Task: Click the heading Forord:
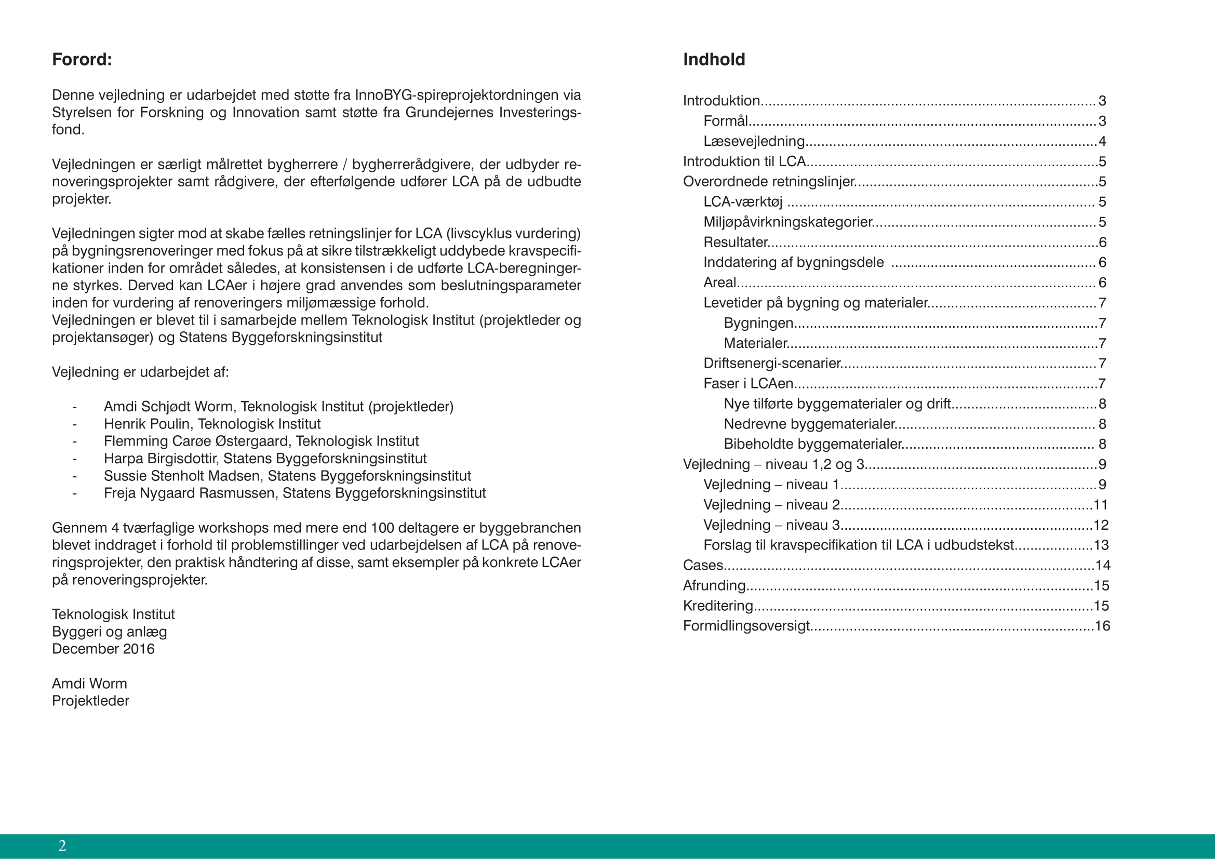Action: (82, 59)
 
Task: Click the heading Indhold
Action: (714, 59)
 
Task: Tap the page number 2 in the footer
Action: (62, 846)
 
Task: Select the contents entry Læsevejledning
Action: (754, 141)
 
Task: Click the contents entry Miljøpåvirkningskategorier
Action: (787, 222)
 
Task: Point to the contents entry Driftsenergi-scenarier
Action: (771, 364)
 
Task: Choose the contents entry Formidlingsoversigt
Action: (746, 626)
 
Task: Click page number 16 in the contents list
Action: (1102, 626)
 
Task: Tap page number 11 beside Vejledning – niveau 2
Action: (1101, 505)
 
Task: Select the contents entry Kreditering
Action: (717, 606)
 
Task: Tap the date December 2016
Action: (103, 649)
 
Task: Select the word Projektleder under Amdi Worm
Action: (90, 701)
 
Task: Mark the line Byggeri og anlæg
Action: (110, 632)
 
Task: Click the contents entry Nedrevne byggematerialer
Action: (809, 424)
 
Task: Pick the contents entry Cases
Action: (703, 566)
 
